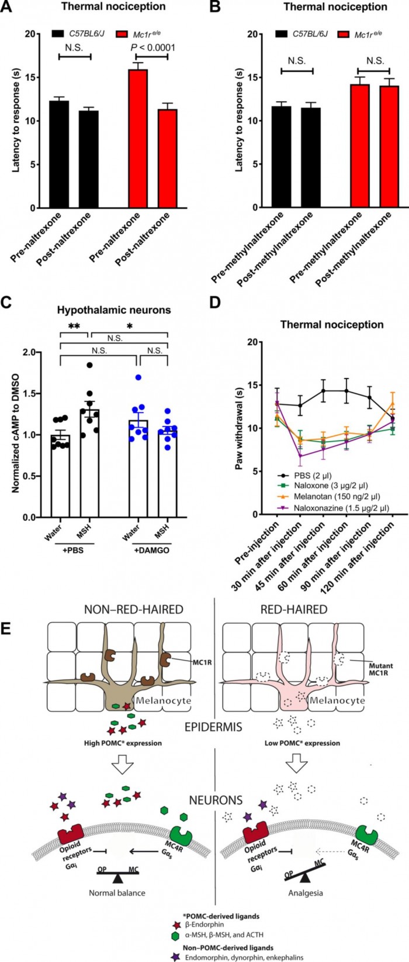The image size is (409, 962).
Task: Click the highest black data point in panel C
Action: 89,365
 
